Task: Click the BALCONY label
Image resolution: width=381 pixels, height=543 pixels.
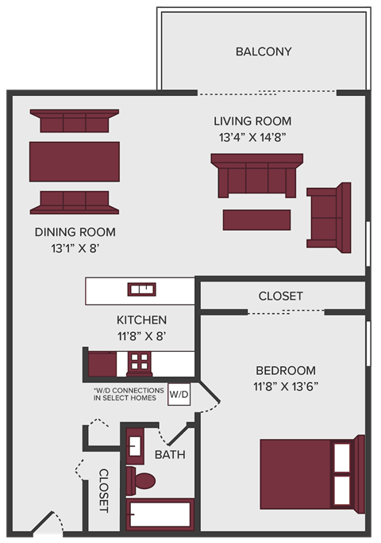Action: [x=264, y=52]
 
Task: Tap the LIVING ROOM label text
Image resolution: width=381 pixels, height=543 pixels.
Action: [x=252, y=121]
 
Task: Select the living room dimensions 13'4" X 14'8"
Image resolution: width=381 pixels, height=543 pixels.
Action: [x=252, y=137]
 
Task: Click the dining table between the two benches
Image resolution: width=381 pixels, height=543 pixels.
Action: [x=75, y=161]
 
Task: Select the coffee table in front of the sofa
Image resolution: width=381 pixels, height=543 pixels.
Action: [x=256, y=220]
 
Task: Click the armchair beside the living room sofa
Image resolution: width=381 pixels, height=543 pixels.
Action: [x=329, y=217]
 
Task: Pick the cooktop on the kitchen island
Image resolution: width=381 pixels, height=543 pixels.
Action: [x=142, y=289]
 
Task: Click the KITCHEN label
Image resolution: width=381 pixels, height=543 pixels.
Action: [x=142, y=320]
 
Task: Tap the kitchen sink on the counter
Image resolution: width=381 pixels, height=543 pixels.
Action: [x=140, y=363]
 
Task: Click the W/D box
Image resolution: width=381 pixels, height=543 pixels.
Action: [x=179, y=394]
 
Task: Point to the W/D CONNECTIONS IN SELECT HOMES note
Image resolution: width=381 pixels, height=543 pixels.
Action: [x=129, y=394]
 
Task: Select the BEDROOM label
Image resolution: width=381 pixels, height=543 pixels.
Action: [x=286, y=370]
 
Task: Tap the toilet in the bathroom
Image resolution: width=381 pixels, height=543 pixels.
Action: [x=143, y=480]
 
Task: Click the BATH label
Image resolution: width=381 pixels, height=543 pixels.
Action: [x=170, y=455]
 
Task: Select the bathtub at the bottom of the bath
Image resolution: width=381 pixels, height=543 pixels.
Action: [x=160, y=514]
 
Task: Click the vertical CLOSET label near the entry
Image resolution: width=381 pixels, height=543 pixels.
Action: [x=103, y=491]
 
